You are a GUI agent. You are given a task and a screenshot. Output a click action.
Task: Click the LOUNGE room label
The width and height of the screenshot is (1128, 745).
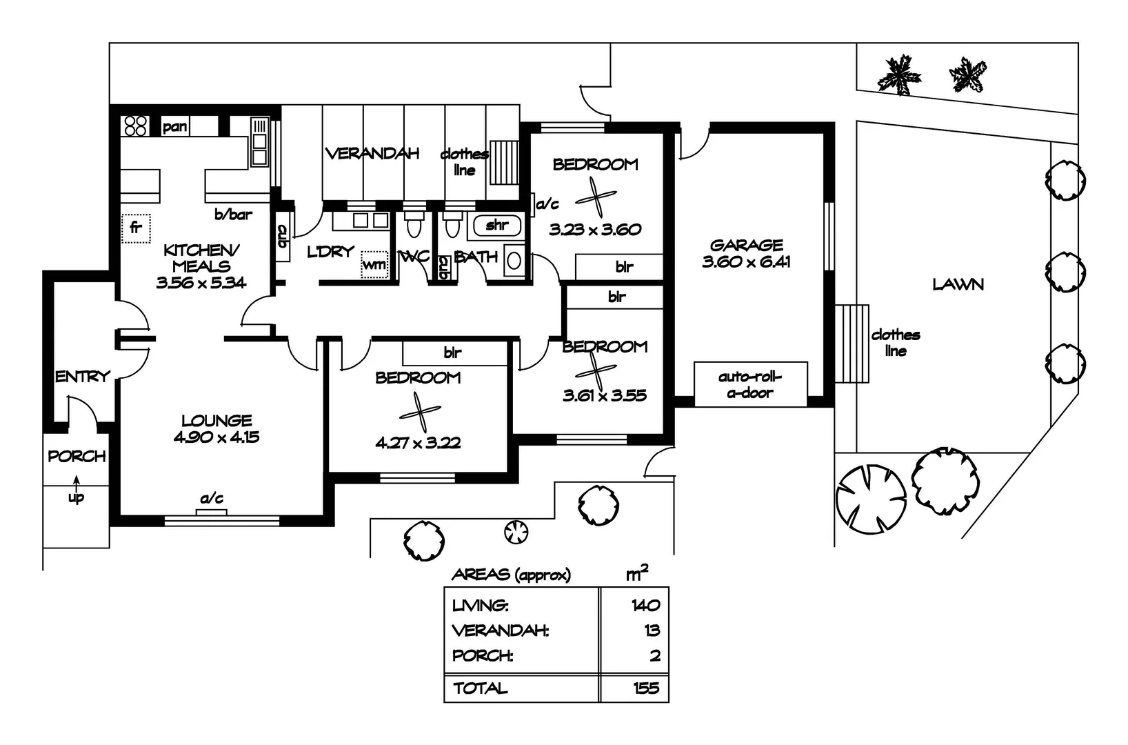pyautogui.click(x=216, y=420)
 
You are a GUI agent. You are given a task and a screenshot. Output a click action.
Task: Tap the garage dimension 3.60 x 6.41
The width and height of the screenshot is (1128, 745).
pyautogui.click(x=746, y=261)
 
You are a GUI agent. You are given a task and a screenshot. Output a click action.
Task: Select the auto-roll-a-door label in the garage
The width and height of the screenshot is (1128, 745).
pyautogui.click(x=749, y=385)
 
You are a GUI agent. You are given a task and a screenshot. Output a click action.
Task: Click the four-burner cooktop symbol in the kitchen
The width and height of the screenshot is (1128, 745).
pyautogui.click(x=135, y=126)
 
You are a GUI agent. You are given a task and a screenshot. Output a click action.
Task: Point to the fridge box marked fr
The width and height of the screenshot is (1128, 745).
pyautogui.click(x=136, y=226)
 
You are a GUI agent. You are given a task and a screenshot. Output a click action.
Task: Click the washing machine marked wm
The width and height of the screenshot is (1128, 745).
pyautogui.click(x=374, y=264)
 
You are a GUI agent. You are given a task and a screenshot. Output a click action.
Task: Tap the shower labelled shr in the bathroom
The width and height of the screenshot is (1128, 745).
pyautogui.click(x=496, y=225)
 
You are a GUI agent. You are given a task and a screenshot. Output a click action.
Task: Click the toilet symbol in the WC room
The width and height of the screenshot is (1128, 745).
pyautogui.click(x=414, y=226)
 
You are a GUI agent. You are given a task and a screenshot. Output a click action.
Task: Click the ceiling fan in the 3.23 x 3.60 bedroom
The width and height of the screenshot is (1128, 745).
pyautogui.click(x=595, y=197)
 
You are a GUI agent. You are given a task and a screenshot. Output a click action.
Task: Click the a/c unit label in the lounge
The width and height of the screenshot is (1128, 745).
pyautogui.click(x=212, y=499)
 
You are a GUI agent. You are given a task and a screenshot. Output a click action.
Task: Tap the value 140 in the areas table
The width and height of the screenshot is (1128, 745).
pyautogui.click(x=645, y=606)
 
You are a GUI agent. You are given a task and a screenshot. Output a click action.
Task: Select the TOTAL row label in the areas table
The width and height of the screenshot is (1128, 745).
pyautogui.click(x=481, y=688)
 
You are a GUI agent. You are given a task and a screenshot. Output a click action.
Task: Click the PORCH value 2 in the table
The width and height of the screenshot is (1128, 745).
pyautogui.click(x=654, y=655)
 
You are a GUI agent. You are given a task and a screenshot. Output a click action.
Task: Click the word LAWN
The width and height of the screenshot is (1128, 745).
pyautogui.click(x=958, y=284)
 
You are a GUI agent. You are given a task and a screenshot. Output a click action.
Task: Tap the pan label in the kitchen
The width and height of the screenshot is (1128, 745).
pyautogui.click(x=175, y=127)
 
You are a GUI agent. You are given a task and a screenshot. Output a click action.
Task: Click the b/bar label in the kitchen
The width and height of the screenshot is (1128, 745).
pyautogui.click(x=233, y=215)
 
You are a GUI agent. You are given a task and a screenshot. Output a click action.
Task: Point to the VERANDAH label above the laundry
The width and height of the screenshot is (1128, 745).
pyautogui.click(x=372, y=153)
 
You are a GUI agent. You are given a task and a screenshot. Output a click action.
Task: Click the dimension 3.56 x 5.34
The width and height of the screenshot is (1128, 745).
pyautogui.click(x=201, y=282)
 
